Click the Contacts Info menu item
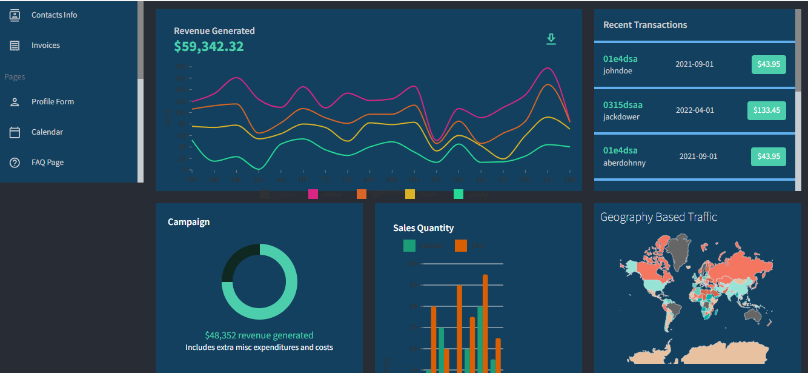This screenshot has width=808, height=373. [x=54, y=15]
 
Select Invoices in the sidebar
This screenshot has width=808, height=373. [x=45, y=45]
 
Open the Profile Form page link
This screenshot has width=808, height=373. [x=53, y=102]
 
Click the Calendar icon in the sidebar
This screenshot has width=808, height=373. [x=15, y=132]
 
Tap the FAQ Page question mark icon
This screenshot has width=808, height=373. [x=15, y=163]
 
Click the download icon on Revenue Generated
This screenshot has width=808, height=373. [x=551, y=39]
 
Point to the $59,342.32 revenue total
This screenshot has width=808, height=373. [x=208, y=47]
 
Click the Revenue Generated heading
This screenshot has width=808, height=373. [x=214, y=31]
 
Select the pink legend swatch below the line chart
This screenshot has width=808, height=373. [x=313, y=194]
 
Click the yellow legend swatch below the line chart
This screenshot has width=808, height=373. [x=410, y=194]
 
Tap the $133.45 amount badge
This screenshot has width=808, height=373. [x=767, y=110]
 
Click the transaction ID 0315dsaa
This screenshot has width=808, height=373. [x=623, y=105]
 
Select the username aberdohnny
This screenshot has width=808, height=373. [x=624, y=163]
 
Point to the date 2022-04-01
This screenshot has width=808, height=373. [x=695, y=110]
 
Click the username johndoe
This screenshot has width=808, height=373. [x=617, y=71]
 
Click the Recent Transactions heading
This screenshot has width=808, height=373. [x=645, y=25]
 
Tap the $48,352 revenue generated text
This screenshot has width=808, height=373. [x=259, y=335]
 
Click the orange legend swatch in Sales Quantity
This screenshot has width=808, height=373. [x=461, y=246]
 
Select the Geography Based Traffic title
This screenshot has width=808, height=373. [x=658, y=217]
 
